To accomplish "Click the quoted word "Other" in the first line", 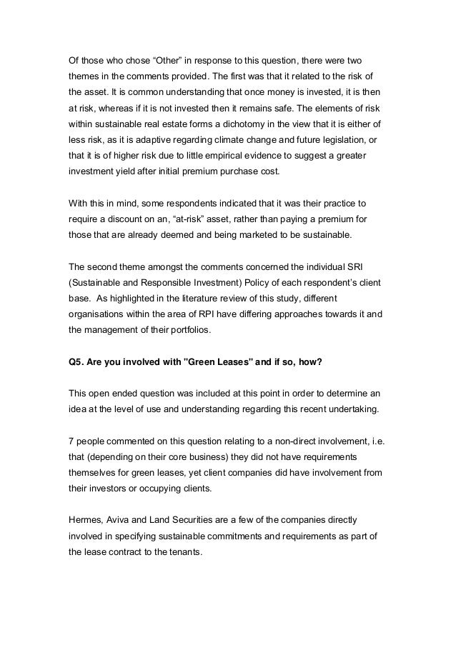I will [145, 57].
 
